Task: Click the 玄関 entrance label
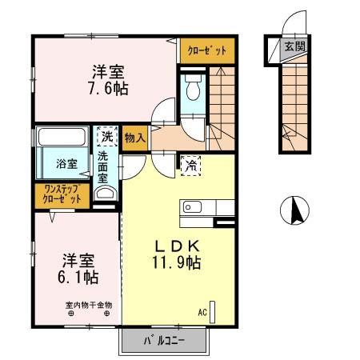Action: click(294, 47)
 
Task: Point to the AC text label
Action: click(202, 313)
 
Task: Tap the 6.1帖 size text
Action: click(78, 278)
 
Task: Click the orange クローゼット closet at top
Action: click(207, 50)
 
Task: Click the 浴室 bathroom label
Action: click(66, 164)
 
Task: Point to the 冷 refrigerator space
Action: click(190, 166)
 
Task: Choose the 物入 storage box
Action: click(135, 138)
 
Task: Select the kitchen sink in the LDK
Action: click(191, 208)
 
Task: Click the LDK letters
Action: click(175, 245)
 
